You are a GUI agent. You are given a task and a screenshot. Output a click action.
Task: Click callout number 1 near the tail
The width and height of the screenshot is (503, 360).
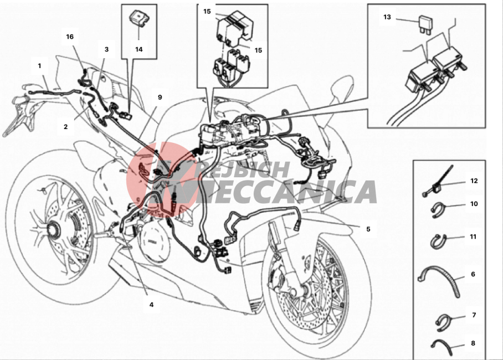[39, 66]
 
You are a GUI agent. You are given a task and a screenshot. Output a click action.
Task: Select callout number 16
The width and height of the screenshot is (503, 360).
[70, 37]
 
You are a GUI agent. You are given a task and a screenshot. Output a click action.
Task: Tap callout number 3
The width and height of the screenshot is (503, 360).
[106, 49]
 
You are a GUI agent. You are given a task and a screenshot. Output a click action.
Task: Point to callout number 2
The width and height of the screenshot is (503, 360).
[66, 127]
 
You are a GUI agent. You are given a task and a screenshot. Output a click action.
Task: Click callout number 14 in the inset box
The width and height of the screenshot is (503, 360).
[138, 49]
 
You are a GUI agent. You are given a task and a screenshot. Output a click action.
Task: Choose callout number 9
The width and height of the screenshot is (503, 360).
[160, 97]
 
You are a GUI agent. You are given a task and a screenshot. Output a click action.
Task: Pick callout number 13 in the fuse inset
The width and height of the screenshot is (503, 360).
[387, 17]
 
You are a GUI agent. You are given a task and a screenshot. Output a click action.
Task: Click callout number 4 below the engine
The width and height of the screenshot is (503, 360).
[151, 305]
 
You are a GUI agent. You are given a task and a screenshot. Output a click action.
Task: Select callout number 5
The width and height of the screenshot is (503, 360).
[368, 229]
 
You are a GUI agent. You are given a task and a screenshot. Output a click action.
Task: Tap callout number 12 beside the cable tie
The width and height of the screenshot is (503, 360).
[474, 181]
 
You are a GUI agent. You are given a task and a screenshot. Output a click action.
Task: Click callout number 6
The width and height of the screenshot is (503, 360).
[473, 274]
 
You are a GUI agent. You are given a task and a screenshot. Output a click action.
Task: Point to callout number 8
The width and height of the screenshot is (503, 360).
[473, 343]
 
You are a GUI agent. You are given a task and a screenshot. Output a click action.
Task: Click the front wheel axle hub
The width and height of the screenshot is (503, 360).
[295, 291]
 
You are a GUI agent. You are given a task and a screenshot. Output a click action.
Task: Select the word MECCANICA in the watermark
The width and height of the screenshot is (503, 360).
[269, 192]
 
